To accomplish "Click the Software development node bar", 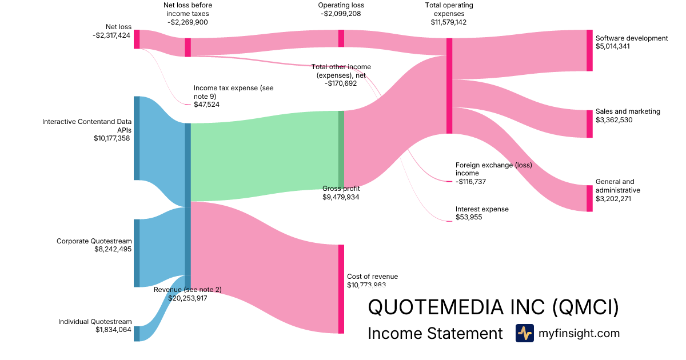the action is (589, 50).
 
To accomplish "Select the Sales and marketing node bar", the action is (589, 123).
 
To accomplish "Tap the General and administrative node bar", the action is (589, 198).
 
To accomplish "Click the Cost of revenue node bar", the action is (341, 289).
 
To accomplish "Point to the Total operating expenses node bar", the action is (449, 86).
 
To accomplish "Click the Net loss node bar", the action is (137, 39).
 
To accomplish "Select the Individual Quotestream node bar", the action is (137, 333).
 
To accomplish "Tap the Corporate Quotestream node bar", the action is (137, 253).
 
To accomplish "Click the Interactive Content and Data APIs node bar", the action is (137, 138).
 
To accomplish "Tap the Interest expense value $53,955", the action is (469, 217).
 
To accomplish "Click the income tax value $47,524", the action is (206, 105).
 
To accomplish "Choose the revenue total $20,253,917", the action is (188, 298).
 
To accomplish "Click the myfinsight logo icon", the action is (524, 333).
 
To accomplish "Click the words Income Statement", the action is (434, 333).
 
